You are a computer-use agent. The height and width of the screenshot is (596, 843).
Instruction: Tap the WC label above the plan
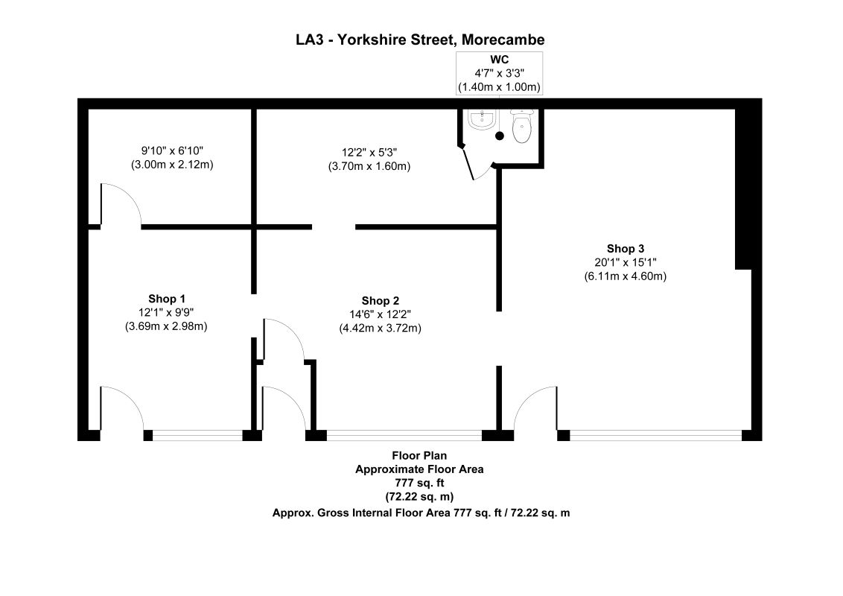click(x=498, y=60)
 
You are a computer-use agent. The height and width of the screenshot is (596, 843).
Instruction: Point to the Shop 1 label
click(x=167, y=299)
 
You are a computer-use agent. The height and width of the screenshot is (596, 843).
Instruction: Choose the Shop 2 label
click(x=381, y=301)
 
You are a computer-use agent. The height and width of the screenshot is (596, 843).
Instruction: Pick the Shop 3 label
click(x=625, y=249)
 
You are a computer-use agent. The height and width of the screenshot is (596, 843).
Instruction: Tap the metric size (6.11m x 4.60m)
click(x=625, y=276)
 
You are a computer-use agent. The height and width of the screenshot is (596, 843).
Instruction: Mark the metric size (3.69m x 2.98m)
click(x=167, y=326)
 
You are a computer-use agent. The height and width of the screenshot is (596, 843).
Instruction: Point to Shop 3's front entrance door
click(x=535, y=410)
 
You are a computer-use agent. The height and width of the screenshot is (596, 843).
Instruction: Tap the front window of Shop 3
click(x=655, y=434)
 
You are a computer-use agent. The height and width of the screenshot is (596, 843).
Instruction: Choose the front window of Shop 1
click(x=197, y=434)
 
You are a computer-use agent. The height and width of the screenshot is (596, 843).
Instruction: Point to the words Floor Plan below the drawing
click(x=420, y=455)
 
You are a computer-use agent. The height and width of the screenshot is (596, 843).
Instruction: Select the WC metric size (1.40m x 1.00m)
click(x=498, y=87)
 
